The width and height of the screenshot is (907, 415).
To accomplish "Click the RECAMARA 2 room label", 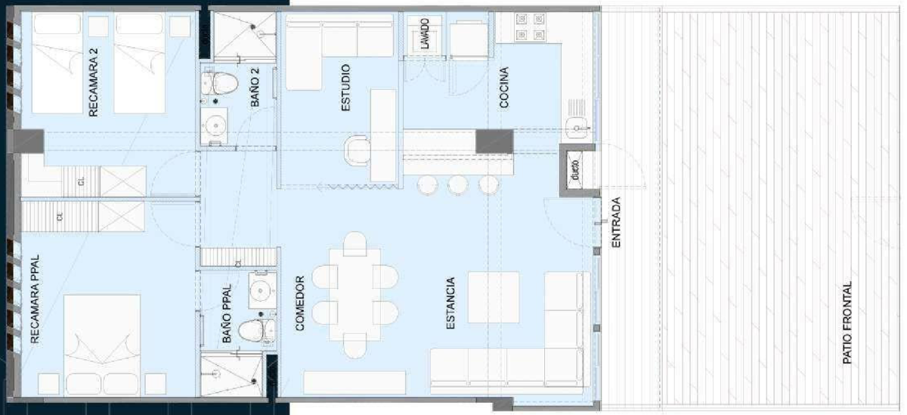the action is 93,82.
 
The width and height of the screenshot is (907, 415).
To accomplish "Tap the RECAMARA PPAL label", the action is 36,299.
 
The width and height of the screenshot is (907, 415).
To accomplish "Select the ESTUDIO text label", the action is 345,88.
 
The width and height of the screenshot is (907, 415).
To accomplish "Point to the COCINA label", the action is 503,88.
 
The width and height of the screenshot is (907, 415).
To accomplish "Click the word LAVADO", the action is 424,33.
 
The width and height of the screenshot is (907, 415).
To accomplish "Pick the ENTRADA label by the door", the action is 616,222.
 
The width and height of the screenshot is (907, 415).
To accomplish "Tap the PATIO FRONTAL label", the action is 847,323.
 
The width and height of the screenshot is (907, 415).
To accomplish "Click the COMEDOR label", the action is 299,303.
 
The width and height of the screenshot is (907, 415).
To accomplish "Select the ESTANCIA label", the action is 450,303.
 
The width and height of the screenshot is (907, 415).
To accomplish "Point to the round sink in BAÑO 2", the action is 215,125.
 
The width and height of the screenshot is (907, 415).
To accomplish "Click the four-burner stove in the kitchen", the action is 530,26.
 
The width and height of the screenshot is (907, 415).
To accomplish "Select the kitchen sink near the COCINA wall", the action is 577,128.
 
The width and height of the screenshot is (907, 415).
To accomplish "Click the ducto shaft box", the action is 574,170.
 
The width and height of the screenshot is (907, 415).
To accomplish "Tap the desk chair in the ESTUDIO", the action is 357,150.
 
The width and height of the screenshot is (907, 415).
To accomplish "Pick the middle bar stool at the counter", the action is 457,185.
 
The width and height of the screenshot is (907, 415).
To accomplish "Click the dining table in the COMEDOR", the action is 354,294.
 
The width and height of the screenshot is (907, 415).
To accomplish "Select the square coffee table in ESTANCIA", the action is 493,297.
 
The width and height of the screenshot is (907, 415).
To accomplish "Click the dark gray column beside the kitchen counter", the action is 494,141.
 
